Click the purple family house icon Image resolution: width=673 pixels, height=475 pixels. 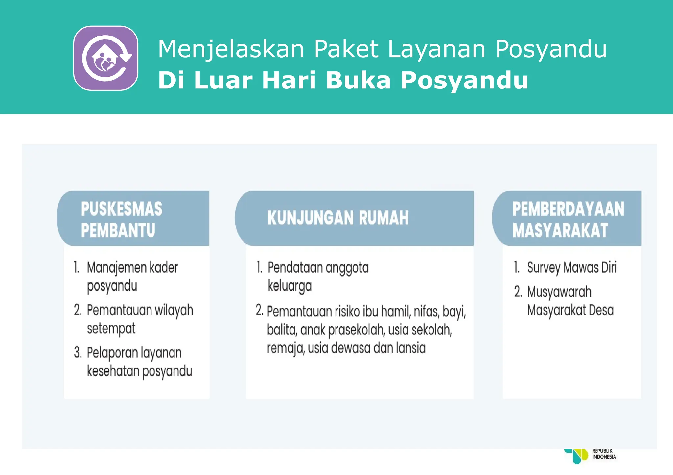(105, 58)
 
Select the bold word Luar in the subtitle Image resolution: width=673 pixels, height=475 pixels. (223, 80)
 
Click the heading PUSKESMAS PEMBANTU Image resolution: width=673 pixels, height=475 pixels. (122, 219)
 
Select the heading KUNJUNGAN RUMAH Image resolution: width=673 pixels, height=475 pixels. (338, 218)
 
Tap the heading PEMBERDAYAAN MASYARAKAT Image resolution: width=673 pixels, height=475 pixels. (568, 219)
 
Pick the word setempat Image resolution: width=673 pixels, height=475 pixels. (111, 328)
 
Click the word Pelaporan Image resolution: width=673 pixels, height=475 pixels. (112, 353)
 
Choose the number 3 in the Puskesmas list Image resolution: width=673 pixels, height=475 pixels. (78, 353)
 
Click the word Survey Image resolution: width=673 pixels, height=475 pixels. (544, 268)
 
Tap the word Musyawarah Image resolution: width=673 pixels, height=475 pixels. (559, 292)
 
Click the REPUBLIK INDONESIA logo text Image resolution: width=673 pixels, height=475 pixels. (604, 454)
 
